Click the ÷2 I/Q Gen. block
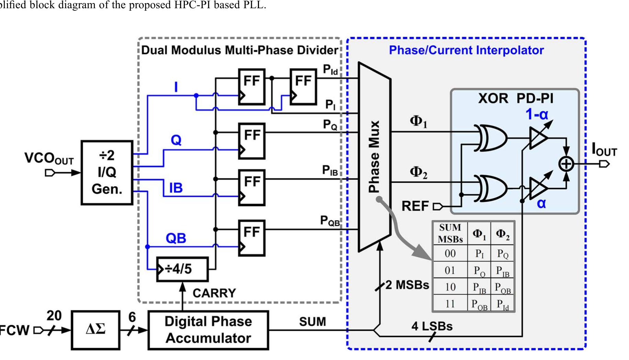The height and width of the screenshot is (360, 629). point(107,172)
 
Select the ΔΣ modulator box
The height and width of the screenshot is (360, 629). point(96,330)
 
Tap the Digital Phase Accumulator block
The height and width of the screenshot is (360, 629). point(208,330)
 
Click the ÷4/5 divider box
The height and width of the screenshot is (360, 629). point(182,269)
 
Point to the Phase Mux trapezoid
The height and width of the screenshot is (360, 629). point(374,157)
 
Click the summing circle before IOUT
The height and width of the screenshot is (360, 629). point(566,164)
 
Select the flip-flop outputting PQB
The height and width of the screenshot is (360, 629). point(252,238)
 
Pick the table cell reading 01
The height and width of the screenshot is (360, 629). point(450,270)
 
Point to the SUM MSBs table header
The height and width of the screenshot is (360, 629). point(450,233)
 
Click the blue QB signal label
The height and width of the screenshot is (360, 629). point(176,238)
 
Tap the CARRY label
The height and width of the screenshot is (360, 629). point(214,293)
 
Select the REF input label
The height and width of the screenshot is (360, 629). point(415,206)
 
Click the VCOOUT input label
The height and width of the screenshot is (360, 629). point(49,159)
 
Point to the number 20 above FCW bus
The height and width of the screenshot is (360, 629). point(54,315)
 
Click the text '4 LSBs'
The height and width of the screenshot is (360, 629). point(432,326)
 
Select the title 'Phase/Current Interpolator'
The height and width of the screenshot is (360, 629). point(466,50)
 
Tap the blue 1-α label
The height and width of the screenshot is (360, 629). point(537,114)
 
